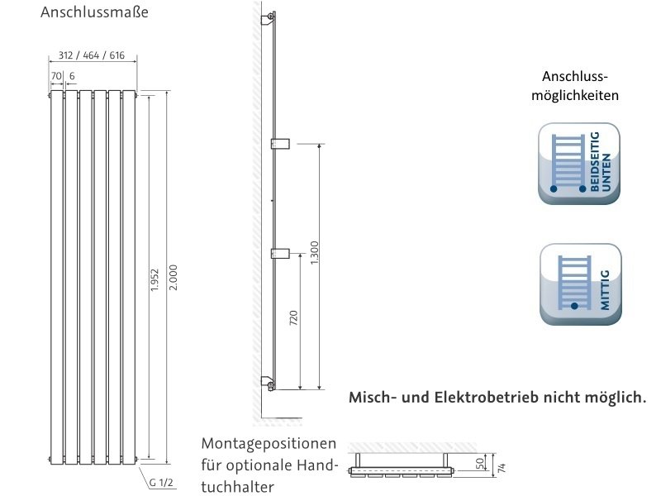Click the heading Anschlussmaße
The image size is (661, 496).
(94, 13)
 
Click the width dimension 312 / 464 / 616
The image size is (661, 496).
(93, 55)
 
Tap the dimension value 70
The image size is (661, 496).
(55, 75)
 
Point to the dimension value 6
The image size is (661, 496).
(72, 75)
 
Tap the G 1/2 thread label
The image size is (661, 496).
(162, 482)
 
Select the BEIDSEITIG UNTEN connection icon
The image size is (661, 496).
(579, 164)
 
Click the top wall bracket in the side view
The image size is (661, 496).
(268, 19)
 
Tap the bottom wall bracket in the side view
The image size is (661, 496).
(268, 382)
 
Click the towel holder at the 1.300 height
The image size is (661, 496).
(279, 143)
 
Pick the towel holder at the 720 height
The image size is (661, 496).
(279, 251)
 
